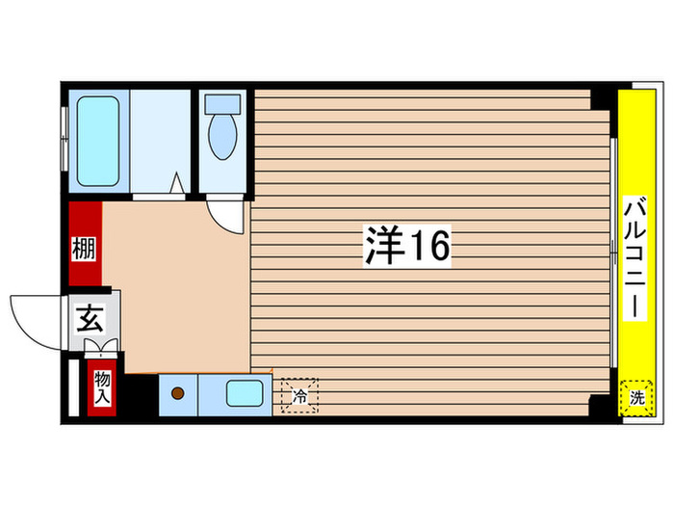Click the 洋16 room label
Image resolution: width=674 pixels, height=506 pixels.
pos(406,247)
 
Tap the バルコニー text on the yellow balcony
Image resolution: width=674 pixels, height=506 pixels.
pos(635,253)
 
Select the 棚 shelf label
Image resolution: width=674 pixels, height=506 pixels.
pos(84,249)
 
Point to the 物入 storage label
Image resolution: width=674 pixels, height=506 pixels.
pos(101,389)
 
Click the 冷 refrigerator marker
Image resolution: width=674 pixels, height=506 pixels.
pos(298,394)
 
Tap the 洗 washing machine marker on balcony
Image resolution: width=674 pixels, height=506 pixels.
pos(636,395)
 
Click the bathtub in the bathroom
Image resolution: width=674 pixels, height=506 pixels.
pos(96,141)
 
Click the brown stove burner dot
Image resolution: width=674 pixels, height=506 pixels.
pos(177,393)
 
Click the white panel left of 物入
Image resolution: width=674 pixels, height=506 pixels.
pos(75,389)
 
